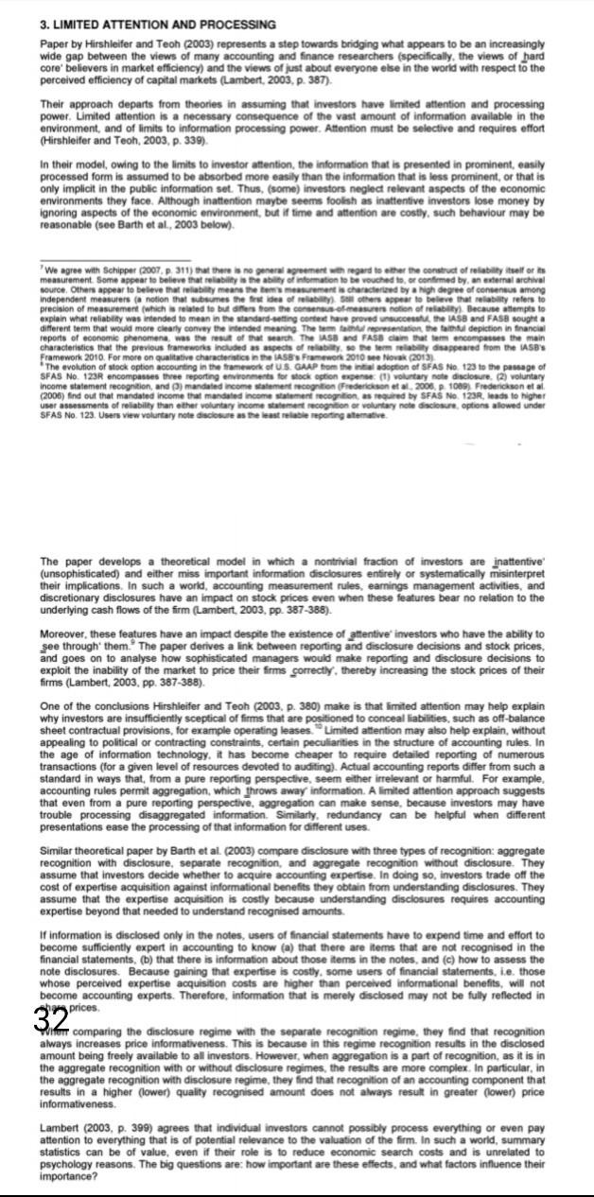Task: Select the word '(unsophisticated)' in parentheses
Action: pyautogui.click(x=80, y=571)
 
